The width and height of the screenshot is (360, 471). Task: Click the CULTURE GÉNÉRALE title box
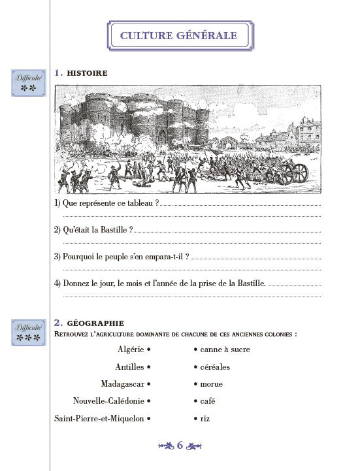tap(179, 35)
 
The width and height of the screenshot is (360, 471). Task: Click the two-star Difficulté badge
tap(27, 83)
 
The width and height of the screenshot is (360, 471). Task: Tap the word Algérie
tap(131, 349)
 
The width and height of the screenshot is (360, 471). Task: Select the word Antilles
tap(129, 366)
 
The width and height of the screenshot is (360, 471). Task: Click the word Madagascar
tap(122, 383)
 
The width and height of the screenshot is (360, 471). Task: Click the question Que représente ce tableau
tap(106, 204)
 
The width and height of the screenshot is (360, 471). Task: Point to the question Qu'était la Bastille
tap(93, 230)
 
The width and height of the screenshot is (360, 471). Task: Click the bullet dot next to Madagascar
tap(150, 383)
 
